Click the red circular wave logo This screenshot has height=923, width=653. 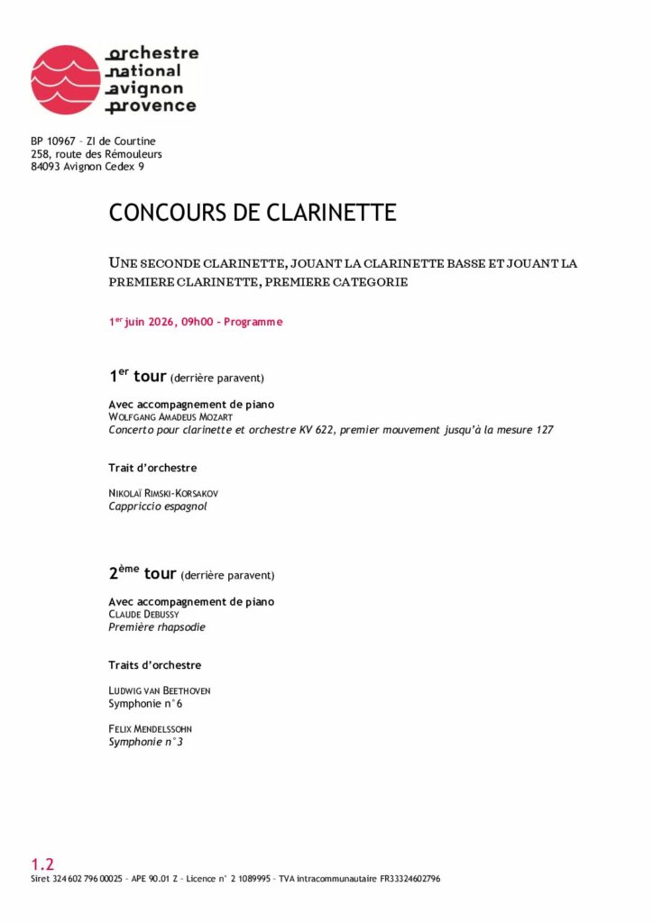[x=66, y=79]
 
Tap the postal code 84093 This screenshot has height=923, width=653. [x=47, y=167]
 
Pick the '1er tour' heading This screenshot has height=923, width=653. [x=137, y=377]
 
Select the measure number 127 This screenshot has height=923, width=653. [x=543, y=430]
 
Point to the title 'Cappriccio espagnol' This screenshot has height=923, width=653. [x=158, y=507]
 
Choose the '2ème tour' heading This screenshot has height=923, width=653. [x=142, y=573]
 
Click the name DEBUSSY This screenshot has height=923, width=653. [x=158, y=615]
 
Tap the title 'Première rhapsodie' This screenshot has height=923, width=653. [x=157, y=627]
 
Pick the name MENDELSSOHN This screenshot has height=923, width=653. [x=163, y=729]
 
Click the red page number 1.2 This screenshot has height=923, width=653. [x=42, y=864]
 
